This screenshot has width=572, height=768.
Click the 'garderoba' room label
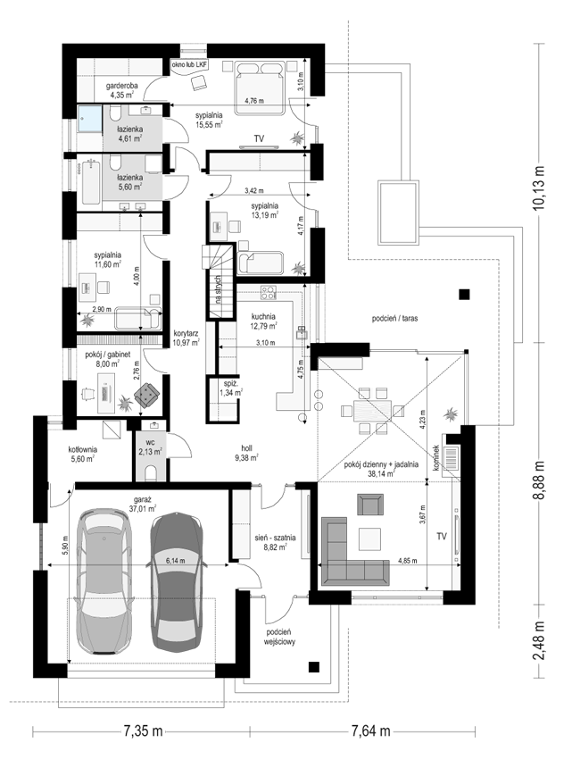(122, 86)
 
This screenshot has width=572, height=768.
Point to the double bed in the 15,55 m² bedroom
(260, 88)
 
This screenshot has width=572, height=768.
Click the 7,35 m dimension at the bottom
(142, 730)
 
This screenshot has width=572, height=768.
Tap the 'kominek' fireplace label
(436, 458)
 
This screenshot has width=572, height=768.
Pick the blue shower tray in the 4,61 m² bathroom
(90, 119)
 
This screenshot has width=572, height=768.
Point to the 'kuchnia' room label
(263, 316)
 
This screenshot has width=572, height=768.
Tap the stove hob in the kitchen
(268, 292)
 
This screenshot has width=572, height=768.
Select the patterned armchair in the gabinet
(146, 396)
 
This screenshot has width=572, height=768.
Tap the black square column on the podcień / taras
(464, 295)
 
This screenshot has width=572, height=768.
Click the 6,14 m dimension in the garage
(175, 562)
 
